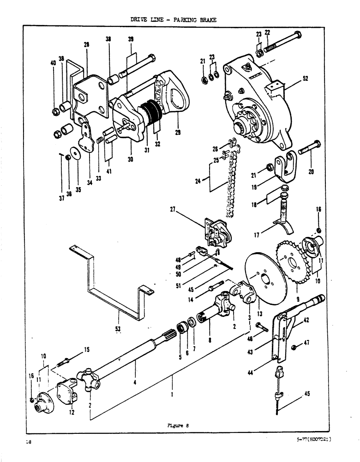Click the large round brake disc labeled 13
point(263,278)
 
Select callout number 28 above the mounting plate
point(86,45)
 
